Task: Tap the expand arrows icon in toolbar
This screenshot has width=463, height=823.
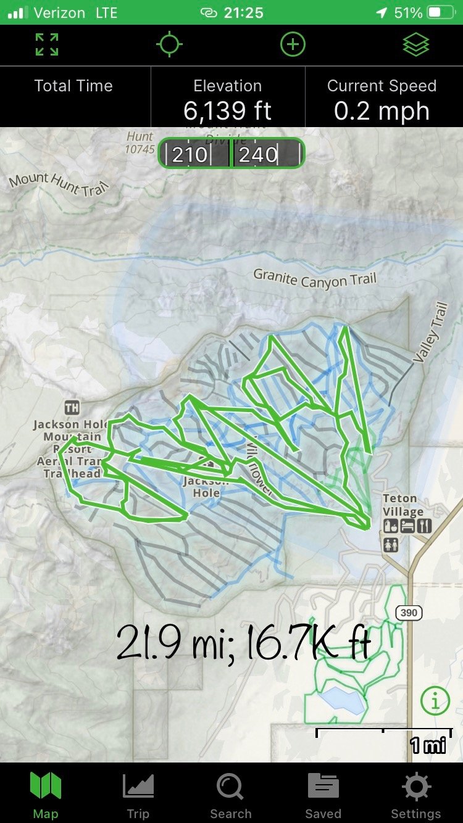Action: pos(47,45)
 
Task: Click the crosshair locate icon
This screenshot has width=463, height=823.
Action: pos(169,45)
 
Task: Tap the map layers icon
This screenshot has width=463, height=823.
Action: pos(416,45)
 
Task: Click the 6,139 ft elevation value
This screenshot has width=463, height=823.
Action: pos(227,111)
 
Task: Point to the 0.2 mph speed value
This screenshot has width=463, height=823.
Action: pos(382,111)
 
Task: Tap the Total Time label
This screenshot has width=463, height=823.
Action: pos(73,86)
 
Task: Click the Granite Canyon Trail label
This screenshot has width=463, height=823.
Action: pos(315,279)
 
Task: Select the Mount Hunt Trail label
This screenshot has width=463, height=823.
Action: pos(57,183)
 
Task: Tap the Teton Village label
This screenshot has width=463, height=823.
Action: pos(403,505)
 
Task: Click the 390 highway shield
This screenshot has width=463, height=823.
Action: pos(409,613)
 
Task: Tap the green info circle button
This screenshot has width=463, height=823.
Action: pos(435,700)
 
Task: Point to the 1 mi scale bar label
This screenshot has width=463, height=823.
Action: pos(427,745)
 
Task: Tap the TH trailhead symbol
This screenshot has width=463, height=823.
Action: pos(72,408)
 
